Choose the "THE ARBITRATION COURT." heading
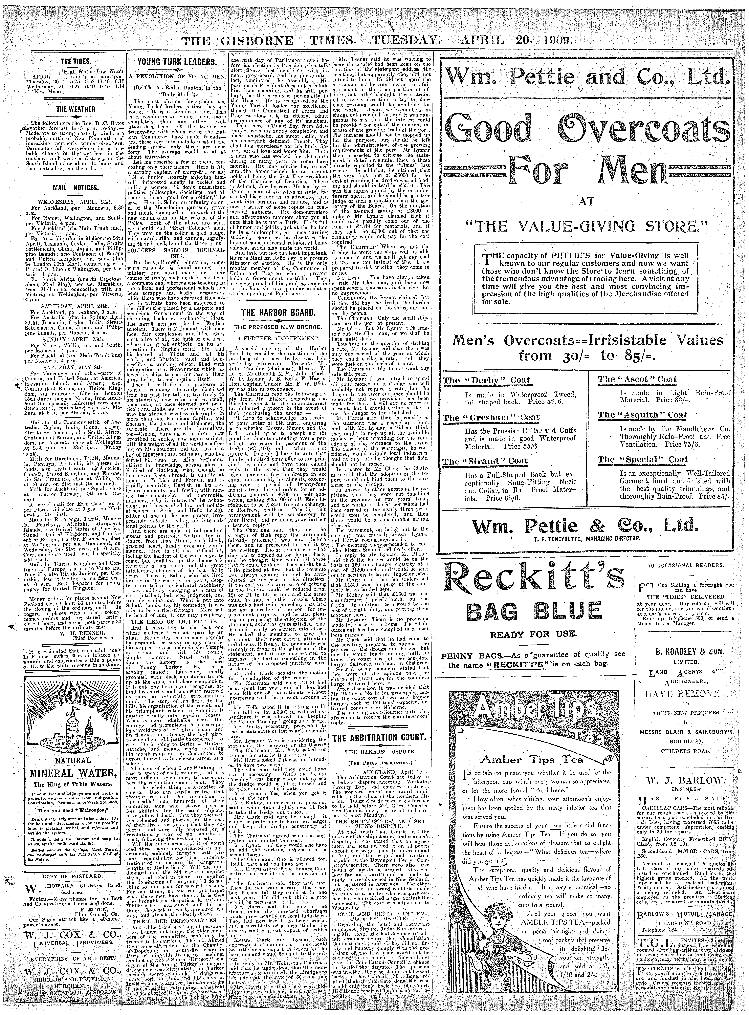380,738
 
